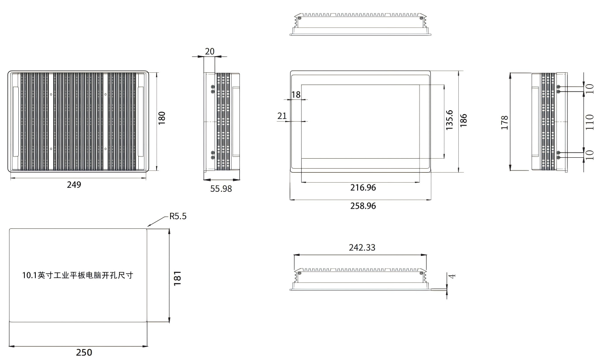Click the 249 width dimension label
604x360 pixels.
click(74, 185)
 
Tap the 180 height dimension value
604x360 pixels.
click(161, 118)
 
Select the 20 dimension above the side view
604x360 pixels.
click(209, 51)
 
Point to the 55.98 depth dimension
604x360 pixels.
click(221, 189)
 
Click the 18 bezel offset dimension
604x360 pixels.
click(296, 95)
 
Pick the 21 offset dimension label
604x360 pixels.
click(282, 116)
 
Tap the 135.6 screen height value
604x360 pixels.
click(449, 120)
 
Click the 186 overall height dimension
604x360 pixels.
click(463, 120)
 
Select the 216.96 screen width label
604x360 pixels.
click(363, 187)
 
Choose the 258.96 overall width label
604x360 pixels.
click(363, 206)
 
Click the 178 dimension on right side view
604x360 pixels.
click(505, 122)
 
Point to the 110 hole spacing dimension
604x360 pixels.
click(590, 122)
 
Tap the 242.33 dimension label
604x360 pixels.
click(362, 248)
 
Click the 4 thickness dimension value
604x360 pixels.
click(452, 276)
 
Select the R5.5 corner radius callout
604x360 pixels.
click(177, 216)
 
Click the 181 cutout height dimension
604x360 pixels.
click(177, 278)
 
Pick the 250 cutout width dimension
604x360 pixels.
click(84, 353)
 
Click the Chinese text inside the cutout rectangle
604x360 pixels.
click(78, 275)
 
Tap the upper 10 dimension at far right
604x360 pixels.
click(590, 88)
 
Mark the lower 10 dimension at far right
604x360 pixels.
click(590, 155)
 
